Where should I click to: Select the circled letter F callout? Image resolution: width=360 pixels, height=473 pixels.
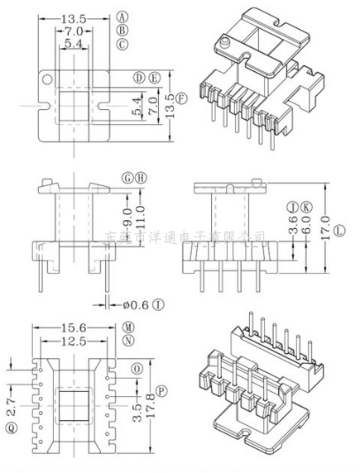[x=182, y=98]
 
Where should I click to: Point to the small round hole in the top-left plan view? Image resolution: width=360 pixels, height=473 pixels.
[x=47, y=81]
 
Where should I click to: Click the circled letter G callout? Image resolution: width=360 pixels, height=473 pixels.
[x=127, y=178]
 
